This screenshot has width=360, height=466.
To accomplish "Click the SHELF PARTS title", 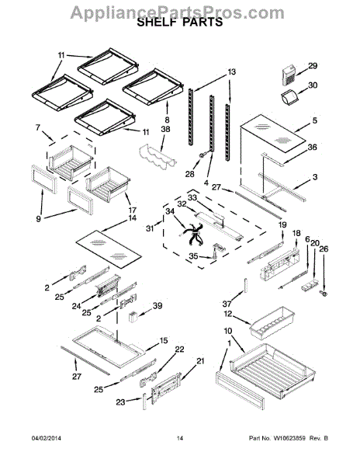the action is (180, 23).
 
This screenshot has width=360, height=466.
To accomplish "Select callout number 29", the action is (313, 66).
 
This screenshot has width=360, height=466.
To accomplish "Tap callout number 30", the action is (313, 85).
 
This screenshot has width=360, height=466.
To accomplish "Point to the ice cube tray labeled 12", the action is (272, 323).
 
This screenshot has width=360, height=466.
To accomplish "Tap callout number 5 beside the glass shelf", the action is (314, 120).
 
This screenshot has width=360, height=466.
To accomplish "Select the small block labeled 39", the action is (132, 315).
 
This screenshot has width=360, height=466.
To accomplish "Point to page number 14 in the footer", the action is (180, 438).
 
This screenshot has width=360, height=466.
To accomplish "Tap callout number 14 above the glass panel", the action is (132, 217).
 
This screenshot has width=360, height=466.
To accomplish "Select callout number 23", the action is (120, 402).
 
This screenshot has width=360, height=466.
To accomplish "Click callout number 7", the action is (37, 127).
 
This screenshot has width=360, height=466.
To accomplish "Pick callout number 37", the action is (227, 304).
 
